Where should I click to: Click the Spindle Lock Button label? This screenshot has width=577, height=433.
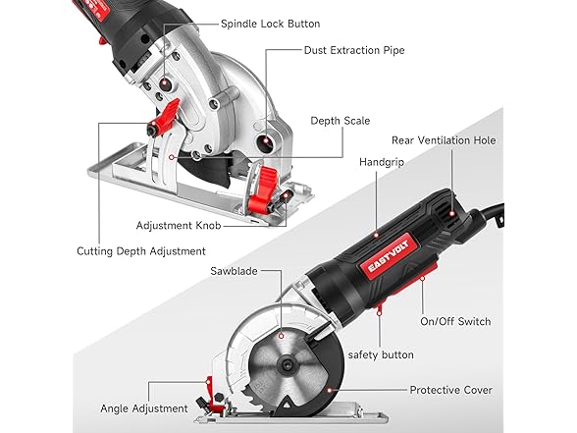271,24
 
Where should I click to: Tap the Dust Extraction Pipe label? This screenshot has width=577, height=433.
354,50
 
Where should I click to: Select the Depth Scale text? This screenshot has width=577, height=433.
340,121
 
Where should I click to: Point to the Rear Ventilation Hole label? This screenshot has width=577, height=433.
444,140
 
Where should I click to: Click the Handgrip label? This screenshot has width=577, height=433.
382,162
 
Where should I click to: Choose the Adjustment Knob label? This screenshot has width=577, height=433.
179,226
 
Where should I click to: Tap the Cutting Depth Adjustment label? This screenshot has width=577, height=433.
141,251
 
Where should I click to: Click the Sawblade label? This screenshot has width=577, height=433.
234,271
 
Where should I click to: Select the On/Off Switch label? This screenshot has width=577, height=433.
455,321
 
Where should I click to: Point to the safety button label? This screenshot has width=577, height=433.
381,355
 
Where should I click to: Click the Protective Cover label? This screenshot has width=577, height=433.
450,390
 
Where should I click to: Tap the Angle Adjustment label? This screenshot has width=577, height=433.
144,408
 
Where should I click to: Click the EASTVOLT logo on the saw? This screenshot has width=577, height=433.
389,257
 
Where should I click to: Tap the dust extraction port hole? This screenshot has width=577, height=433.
266,141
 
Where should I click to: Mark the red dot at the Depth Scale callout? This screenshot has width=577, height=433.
171,157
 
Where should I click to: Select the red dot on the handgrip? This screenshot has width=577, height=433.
377,235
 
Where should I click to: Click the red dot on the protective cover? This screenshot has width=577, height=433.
330,391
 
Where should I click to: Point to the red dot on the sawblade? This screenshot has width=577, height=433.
281,336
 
